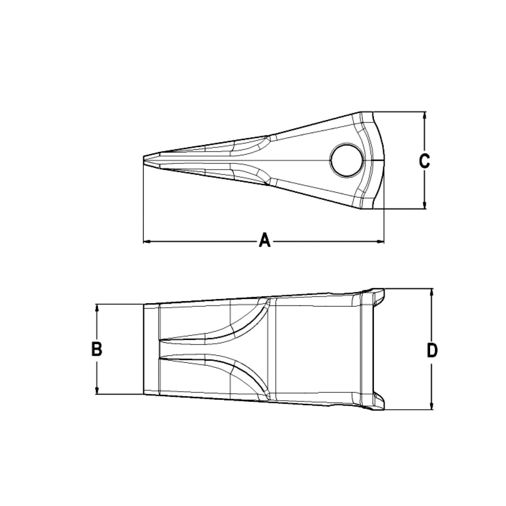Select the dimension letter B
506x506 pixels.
[x=97, y=349]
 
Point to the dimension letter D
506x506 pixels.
[x=432, y=350]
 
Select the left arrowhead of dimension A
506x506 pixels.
[x=147, y=242]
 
